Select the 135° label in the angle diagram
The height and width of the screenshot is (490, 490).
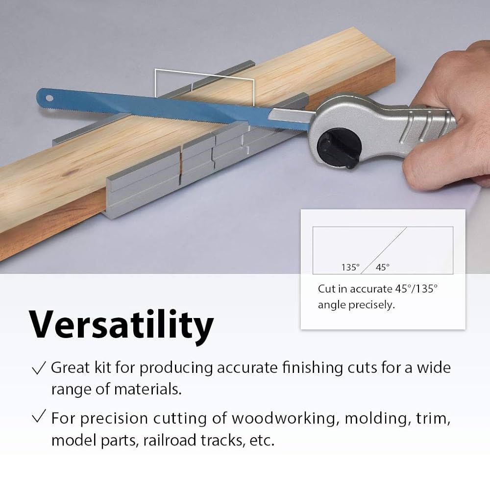(350, 267)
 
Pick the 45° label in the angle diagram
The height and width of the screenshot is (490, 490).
(382, 267)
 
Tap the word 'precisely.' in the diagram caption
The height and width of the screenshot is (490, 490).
(371, 305)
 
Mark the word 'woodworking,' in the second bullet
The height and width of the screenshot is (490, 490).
(284, 418)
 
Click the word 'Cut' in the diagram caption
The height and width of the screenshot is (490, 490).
(326, 289)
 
